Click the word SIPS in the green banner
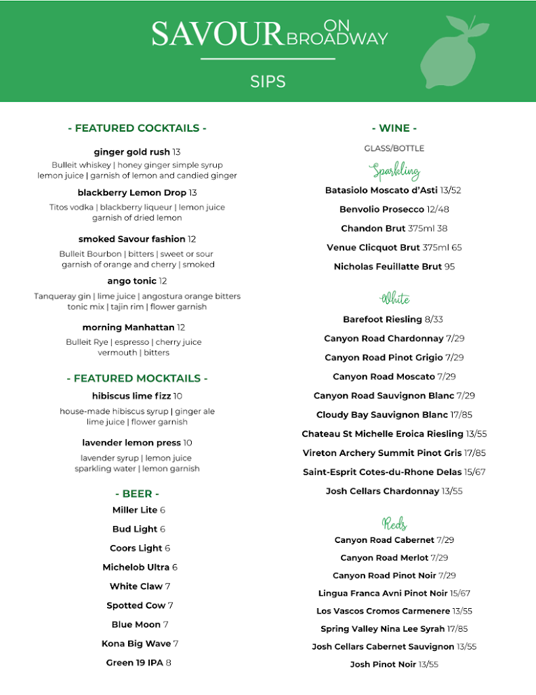[x=268, y=81]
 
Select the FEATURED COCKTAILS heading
[x=137, y=128]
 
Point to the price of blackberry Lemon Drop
[x=192, y=193]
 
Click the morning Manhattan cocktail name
[x=128, y=327]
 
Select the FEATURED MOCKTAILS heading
[x=137, y=378]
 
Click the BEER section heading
[x=137, y=493]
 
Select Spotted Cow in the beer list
[x=136, y=605]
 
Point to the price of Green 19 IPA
[x=169, y=662]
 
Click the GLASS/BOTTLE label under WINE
[x=394, y=148]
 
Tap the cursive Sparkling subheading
[x=395, y=170]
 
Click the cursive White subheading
[x=395, y=299]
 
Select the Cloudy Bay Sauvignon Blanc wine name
[x=382, y=415]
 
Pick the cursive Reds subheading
[x=394, y=523]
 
